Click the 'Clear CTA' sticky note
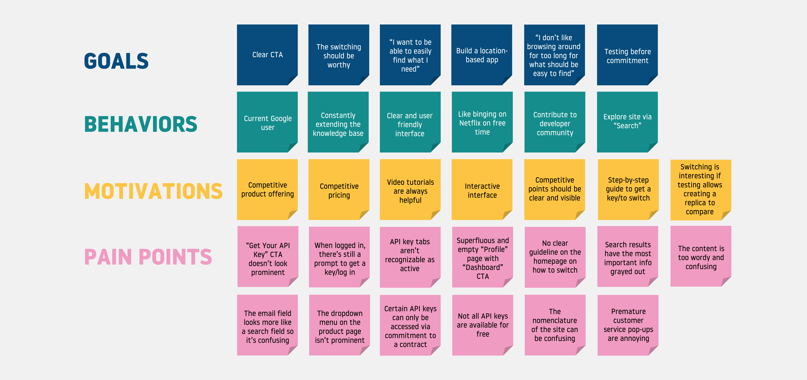(267, 55)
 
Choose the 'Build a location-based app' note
(481, 55)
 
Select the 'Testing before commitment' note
(627, 56)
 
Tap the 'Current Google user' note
(268, 123)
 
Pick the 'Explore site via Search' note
(627, 121)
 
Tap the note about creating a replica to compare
(700, 189)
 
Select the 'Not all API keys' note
(482, 325)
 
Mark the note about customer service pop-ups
(628, 325)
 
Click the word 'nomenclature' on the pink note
(555, 321)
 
